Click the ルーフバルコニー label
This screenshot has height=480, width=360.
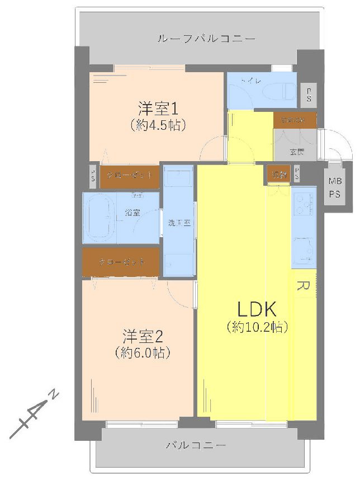(x=206, y=39)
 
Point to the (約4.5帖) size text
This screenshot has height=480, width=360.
(x=157, y=125)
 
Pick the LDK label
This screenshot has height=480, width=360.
(x=257, y=309)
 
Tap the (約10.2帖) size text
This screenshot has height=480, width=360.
(x=257, y=327)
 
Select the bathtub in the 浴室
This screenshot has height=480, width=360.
(x=100, y=218)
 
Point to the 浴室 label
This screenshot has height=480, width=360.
(x=133, y=213)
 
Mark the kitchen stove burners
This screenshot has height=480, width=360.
(x=304, y=205)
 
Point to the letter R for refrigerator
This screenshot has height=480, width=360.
(x=302, y=286)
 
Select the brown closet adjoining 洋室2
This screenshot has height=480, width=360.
(x=122, y=262)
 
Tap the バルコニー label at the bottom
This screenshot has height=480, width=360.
(x=196, y=446)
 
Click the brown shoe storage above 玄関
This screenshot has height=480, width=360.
(x=295, y=120)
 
